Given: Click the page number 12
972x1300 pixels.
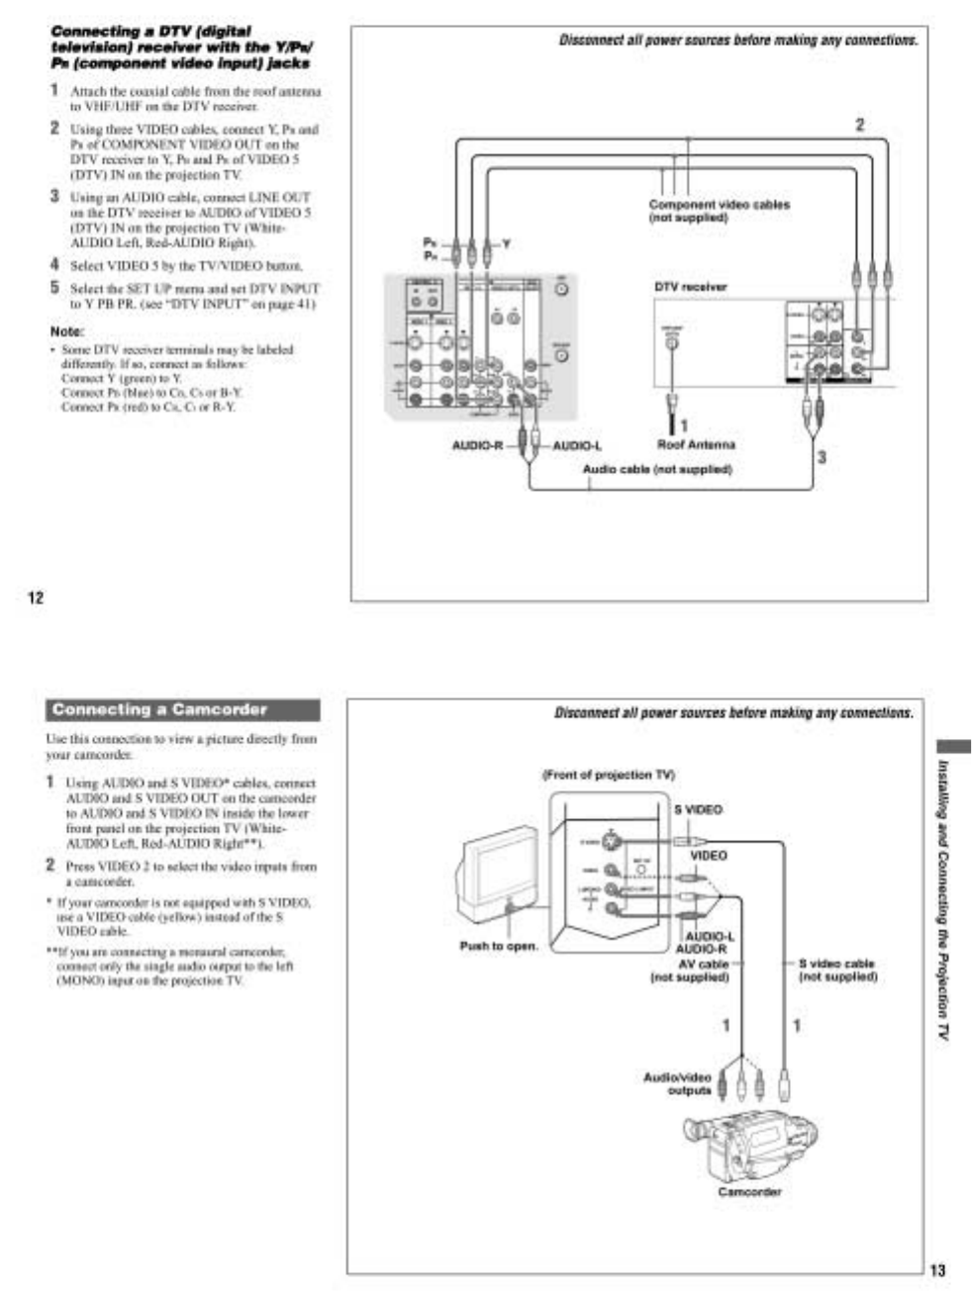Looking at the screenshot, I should click(36, 597).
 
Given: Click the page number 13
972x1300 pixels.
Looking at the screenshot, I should click(937, 1270).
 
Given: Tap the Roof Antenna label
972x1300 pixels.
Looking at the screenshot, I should click(696, 444).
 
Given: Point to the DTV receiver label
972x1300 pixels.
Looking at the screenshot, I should click(690, 287).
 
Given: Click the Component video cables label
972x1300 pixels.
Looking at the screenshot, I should click(719, 211).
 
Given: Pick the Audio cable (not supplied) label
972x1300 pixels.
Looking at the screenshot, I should click(657, 469).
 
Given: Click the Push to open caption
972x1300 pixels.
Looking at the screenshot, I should click(499, 946).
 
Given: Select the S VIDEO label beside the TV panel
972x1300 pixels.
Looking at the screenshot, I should click(699, 809).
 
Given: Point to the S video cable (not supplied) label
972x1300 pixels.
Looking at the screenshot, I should click(837, 970).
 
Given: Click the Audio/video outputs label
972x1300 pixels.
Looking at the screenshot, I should click(677, 1083).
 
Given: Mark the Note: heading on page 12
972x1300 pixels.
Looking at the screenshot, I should click(67, 331).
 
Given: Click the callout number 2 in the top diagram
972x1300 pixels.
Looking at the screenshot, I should click(859, 126).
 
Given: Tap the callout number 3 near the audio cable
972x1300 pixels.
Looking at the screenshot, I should click(821, 457).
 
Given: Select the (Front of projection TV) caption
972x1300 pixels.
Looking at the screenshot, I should click(609, 775).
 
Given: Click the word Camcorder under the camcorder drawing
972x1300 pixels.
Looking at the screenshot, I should click(749, 1192).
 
